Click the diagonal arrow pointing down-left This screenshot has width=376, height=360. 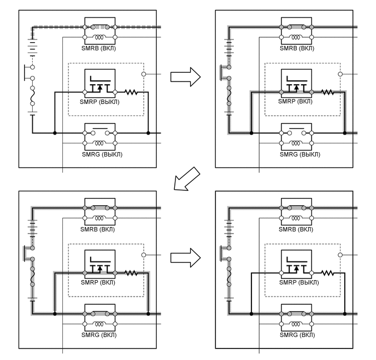pos(187,179)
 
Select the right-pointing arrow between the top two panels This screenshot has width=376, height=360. pos(185,77)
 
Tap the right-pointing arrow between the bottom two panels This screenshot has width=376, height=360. pos(185,258)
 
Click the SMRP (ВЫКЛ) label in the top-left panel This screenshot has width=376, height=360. pos(99,102)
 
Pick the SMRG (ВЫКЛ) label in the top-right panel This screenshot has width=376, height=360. pos(299,154)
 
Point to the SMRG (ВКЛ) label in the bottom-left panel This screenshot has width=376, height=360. pos(99,335)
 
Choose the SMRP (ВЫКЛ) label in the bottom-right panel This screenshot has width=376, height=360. pos(299,282)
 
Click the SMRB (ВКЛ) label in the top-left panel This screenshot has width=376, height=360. pos(98,48)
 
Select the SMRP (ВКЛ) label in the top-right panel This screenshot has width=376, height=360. pos(295,101)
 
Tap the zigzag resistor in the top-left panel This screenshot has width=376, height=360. pos(131,92)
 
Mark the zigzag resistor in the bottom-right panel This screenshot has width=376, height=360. pos(327,273)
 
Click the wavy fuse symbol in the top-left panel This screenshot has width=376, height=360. pos(33,96)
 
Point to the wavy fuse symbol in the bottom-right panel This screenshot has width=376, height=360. pos(229,276)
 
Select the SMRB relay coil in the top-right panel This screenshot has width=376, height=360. pos(296,37)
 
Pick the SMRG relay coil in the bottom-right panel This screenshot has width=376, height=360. pos(296,324)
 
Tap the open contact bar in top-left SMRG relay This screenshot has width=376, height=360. pos(100,129)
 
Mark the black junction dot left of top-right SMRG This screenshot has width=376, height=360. pos(251,133)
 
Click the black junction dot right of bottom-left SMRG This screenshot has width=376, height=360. pos(148,313)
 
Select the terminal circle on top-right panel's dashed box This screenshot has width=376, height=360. pos(340,74)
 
